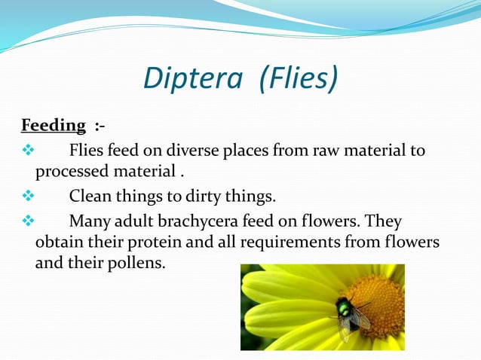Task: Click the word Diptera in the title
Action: pyautogui.click(x=193, y=78)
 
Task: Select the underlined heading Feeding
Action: pyautogui.click(x=53, y=125)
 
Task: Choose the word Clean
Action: pyautogui.click(x=90, y=197)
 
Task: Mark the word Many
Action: pyautogui.click(x=90, y=222)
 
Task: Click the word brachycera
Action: pyautogui.click(x=201, y=222)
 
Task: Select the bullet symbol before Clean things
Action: pyautogui.click(x=29, y=197)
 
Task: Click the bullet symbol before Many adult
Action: pyautogui.click(x=29, y=222)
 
